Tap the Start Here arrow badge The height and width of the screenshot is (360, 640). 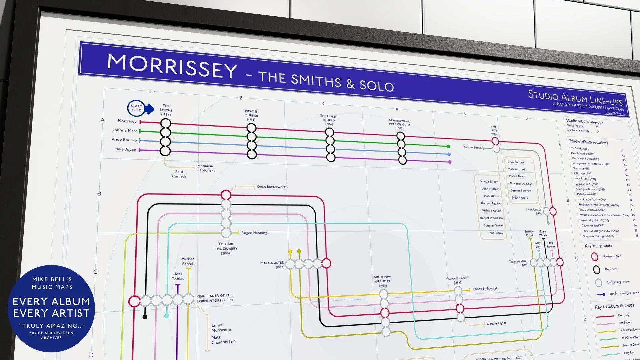pyautogui.click(x=140, y=108)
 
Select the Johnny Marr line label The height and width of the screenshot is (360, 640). pyautogui.click(x=124, y=130)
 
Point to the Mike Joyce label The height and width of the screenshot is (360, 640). pyautogui.click(x=125, y=149)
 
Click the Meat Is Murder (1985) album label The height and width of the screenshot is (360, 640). pyautogui.click(x=251, y=115)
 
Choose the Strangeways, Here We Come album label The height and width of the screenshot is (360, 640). pyautogui.click(x=399, y=124)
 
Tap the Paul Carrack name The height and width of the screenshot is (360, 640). pyautogui.click(x=179, y=174)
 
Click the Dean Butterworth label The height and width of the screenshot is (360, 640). pyautogui.click(x=272, y=187)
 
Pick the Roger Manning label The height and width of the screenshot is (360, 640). pyautogui.click(x=254, y=233)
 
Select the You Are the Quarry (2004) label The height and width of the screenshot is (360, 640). pyautogui.click(x=226, y=249)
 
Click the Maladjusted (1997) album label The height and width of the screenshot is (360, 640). pyautogui.click(x=272, y=265)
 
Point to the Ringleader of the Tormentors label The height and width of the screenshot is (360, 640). pyautogui.click(x=214, y=298)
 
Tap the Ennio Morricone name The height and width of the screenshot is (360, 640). pyautogui.click(x=221, y=328)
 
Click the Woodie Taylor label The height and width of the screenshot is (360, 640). pyautogui.click(x=496, y=323)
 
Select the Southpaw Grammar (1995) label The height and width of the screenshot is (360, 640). pyautogui.click(x=382, y=281)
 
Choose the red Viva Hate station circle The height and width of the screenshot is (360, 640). pyautogui.click(x=495, y=141)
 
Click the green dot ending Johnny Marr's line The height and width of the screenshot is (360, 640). pyautogui.click(x=448, y=146)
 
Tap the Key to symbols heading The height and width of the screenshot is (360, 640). pyautogui.click(x=598, y=246)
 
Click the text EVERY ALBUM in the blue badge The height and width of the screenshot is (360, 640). pyautogui.click(x=51, y=302)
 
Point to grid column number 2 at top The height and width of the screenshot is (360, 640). pyautogui.click(x=241, y=98)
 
